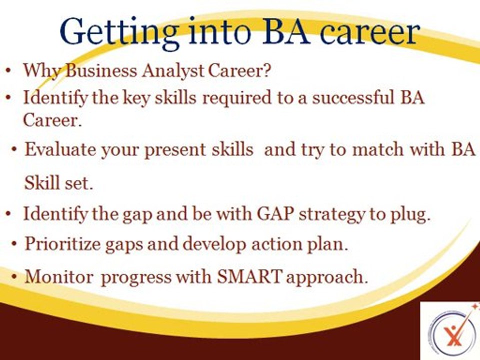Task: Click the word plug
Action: coord(410,215)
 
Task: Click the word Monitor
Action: coord(59,276)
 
